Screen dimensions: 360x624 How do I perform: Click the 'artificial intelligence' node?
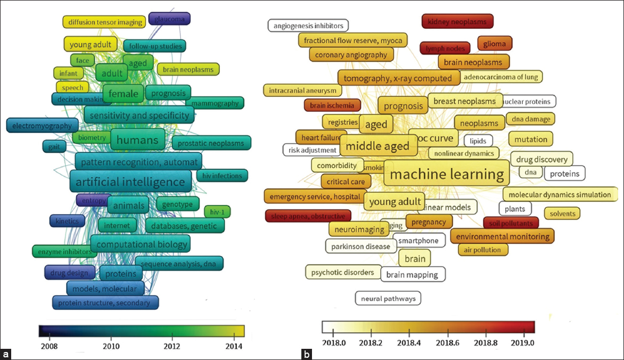(x=130, y=182)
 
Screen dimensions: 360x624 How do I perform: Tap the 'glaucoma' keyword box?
(x=169, y=19)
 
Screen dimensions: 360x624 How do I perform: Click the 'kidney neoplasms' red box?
(x=457, y=21)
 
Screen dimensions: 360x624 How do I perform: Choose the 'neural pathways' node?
(x=388, y=298)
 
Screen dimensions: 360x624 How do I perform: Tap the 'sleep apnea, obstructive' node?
(x=308, y=216)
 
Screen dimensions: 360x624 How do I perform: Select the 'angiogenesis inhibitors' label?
(x=308, y=25)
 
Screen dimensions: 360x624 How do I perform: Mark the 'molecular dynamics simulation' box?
(x=560, y=194)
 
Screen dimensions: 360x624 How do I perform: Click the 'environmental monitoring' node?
(x=502, y=236)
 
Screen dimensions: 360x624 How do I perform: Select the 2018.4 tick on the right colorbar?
(x=409, y=342)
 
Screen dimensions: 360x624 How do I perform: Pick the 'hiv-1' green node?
(x=217, y=211)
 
